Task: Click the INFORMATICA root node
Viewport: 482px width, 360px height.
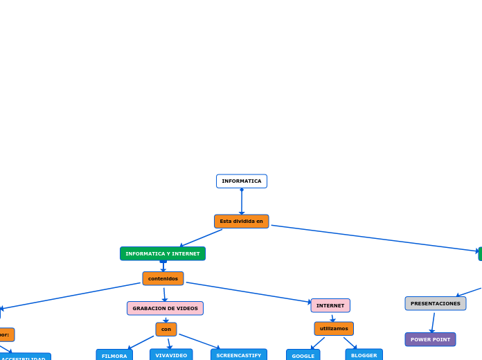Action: coord(242,181)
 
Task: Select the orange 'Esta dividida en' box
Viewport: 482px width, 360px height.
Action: coord(241,222)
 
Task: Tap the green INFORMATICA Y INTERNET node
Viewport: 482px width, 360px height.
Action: coord(163,254)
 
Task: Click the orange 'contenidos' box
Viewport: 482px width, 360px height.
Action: coord(163,279)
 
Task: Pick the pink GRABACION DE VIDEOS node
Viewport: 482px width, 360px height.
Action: coord(165,308)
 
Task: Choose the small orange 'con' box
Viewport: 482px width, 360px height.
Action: coord(166,330)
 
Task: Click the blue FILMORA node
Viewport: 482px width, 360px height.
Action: coord(114,356)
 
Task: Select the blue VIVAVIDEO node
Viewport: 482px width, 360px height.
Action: coord(171,355)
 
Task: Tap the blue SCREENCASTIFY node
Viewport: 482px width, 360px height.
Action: coord(239,355)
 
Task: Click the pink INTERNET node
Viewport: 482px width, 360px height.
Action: coord(330,305)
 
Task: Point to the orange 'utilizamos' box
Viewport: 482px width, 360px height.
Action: coord(334,329)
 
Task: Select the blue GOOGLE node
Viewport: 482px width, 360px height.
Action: coord(303,356)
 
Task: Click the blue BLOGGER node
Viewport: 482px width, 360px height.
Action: coord(364,355)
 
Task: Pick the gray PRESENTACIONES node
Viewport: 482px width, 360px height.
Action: coord(436,303)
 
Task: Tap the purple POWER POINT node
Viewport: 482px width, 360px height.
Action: coord(430,339)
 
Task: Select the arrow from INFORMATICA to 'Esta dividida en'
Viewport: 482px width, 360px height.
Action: coord(242,201)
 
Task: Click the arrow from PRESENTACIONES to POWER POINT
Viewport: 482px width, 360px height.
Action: coord(434,323)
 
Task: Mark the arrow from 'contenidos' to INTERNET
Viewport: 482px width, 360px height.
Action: coord(249,292)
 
